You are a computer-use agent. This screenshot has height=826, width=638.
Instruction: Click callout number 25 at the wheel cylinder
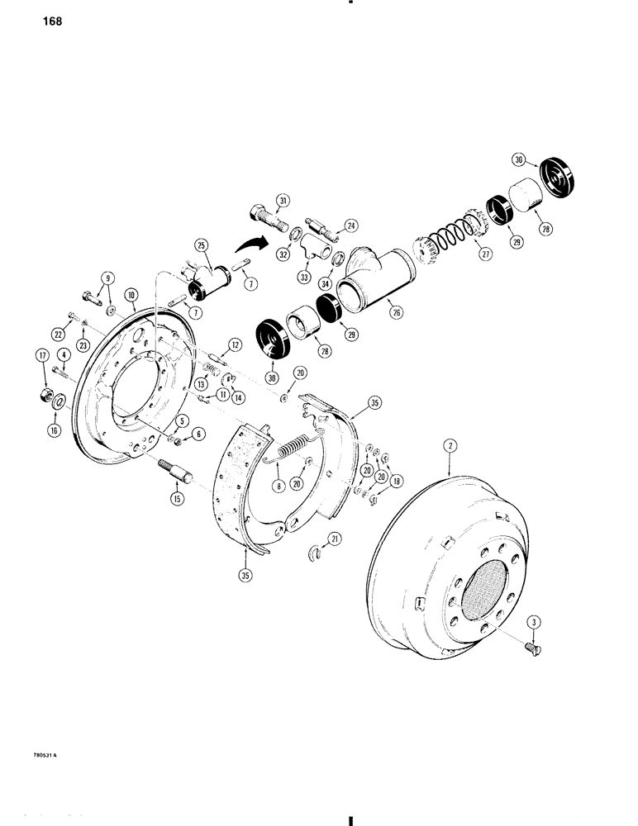click(x=198, y=244)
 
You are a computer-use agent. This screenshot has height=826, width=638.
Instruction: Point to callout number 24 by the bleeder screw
click(x=350, y=224)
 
